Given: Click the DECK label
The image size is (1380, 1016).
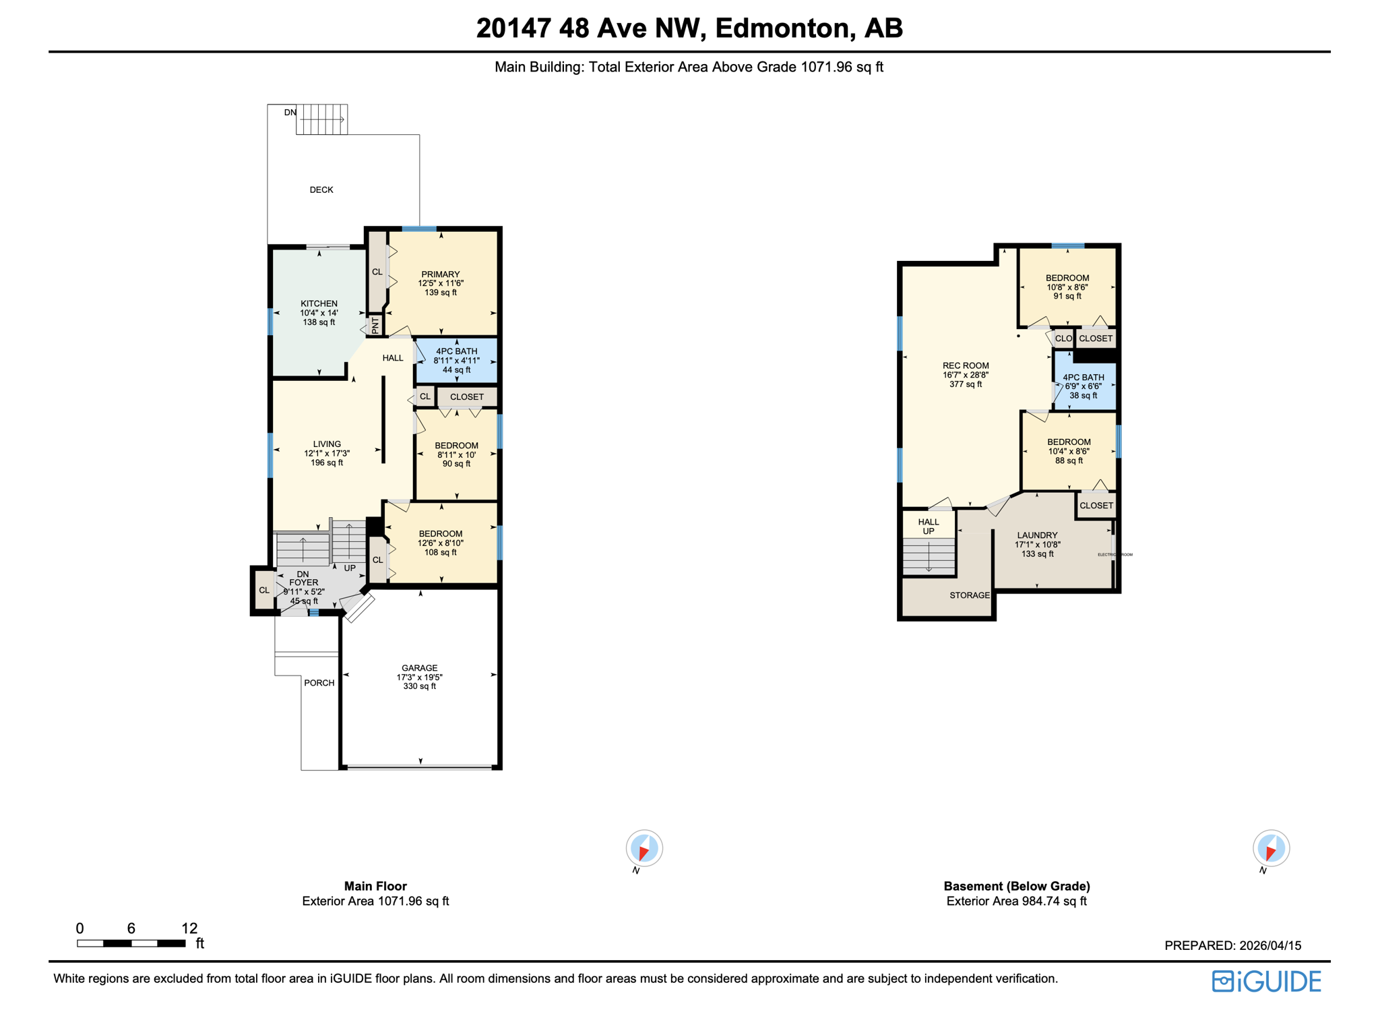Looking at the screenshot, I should click(x=321, y=190).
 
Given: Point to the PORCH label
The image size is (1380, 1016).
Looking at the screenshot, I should click(x=319, y=683).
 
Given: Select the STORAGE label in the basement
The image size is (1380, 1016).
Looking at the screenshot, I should click(x=970, y=595).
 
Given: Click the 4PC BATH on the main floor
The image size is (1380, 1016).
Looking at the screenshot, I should click(x=456, y=360).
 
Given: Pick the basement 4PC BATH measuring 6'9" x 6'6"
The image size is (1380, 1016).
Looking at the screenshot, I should click(x=1083, y=386).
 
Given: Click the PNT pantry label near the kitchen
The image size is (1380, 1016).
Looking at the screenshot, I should click(x=376, y=326).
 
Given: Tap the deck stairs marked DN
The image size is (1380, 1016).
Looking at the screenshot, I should click(x=322, y=119).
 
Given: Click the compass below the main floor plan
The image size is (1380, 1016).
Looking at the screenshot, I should click(x=644, y=848).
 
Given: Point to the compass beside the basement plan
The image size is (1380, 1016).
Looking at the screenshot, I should click(x=1271, y=848).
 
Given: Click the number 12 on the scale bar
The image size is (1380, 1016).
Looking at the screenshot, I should click(x=189, y=928).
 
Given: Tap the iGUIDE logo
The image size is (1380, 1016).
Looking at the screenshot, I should click(x=1266, y=982).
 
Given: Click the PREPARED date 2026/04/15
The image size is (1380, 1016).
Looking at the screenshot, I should click(x=1232, y=946).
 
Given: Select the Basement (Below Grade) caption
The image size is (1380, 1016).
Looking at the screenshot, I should click(x=1016, y=887).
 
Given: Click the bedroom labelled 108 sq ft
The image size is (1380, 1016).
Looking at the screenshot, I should click(x=440, y=543).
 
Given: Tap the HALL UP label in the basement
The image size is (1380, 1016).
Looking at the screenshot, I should click(x=929, y=527).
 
